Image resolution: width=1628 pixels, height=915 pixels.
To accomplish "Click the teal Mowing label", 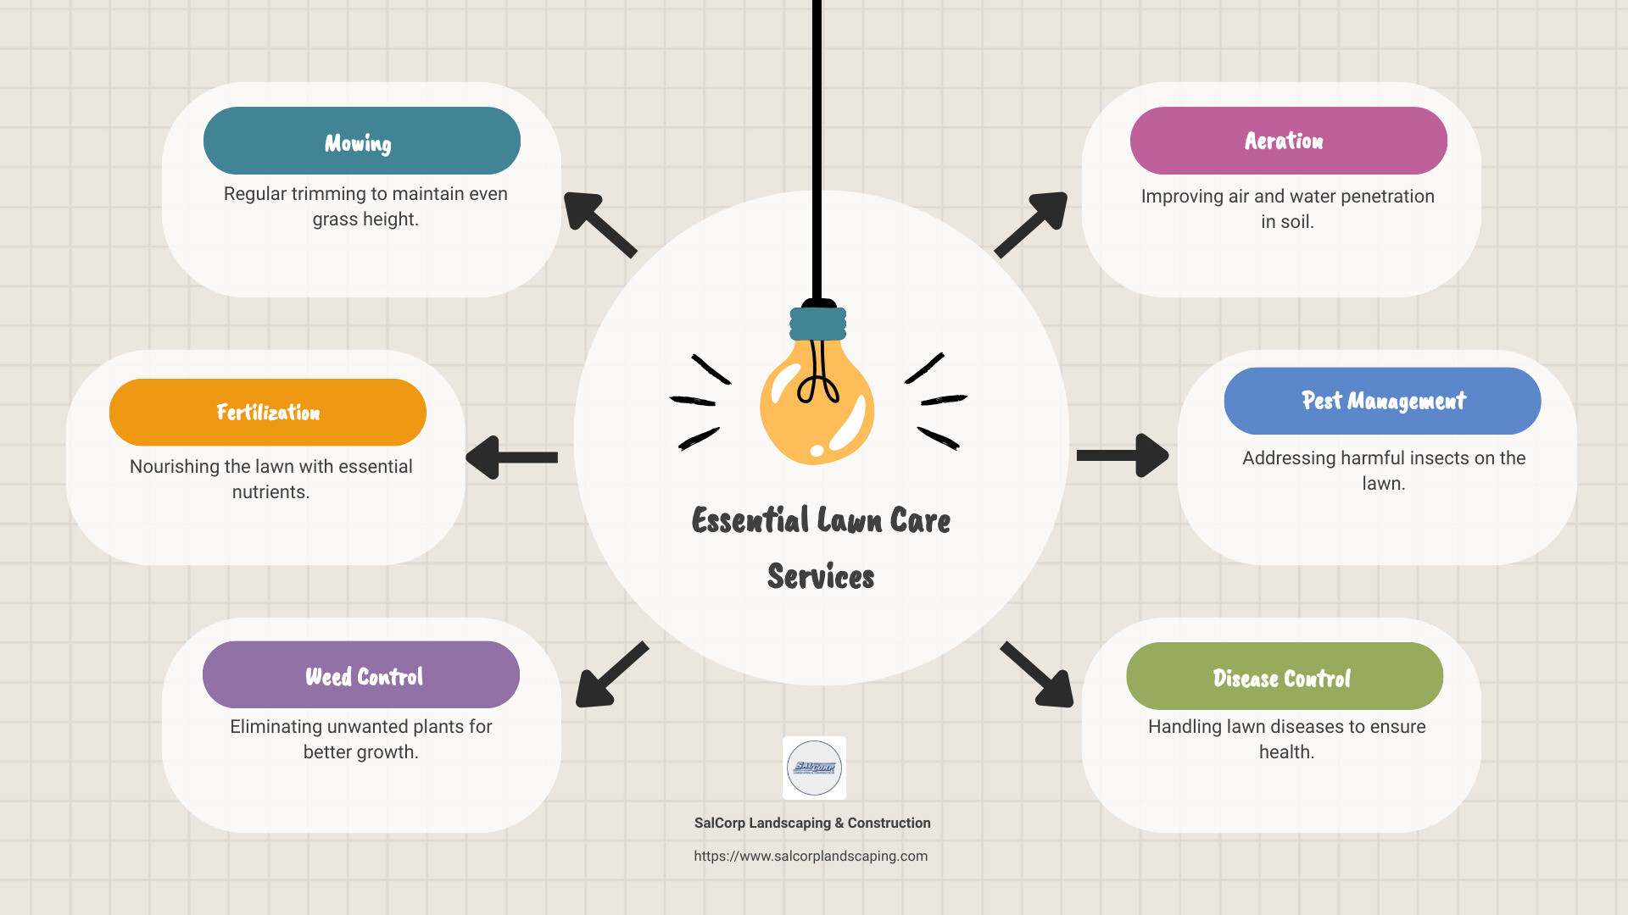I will tap(361, 141).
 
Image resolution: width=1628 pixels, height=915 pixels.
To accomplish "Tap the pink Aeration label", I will tap(1288, 141).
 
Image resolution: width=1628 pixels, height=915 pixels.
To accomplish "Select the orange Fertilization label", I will tap(268, 413).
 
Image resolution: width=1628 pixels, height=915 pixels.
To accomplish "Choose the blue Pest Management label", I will tap(1382, 401).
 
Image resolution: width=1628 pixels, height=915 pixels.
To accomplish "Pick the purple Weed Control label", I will tap(361, 675).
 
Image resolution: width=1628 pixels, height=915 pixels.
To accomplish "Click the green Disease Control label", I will tap(1284, 676).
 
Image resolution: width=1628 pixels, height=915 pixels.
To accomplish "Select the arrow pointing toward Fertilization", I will tap(511, 457).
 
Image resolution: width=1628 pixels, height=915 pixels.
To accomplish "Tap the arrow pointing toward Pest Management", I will tap(1122, 456).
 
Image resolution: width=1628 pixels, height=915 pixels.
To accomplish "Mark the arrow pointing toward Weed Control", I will tap(610, 674).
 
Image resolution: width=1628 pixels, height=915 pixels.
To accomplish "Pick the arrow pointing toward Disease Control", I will tap(1038, 674).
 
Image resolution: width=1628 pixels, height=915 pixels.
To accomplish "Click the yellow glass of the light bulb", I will tap(817, 407).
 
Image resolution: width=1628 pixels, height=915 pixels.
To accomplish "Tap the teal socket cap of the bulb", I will tap(818, 324).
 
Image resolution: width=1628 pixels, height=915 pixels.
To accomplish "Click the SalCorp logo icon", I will tap(814, 768).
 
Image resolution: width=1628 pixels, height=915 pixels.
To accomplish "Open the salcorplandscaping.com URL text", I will tap(811, 856).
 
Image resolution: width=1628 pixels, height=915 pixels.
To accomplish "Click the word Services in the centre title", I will tap(821, 576).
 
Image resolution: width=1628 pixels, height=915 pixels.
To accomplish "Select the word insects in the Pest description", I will tap(1434, 458).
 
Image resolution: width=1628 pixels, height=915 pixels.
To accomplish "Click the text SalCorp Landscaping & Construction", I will tap(812, 823).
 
